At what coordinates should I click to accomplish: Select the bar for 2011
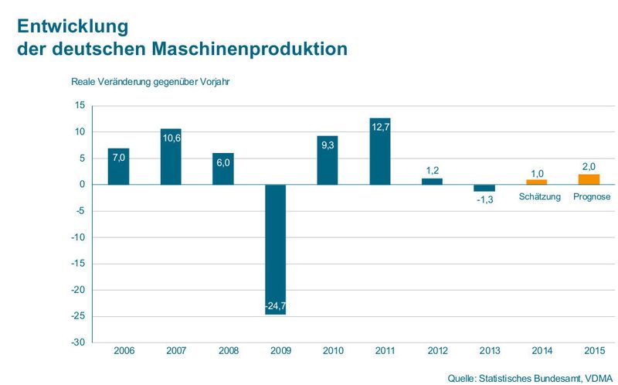pyautogui.click(x=380, y=152)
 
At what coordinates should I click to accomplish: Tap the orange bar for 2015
pyautogui.click(x=589, y=179)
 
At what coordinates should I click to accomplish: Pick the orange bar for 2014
pyautogui.click(x=536, y=182)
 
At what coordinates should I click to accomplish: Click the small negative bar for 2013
pyautogui.click(x=484, y=188)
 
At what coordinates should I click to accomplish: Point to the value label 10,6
pyautogui.click(x=171, y=138)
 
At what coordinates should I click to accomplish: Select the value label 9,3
pyautogui.click(x=328, y=145)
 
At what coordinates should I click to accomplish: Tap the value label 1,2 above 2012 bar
pyautogui.click(x=432, y=170)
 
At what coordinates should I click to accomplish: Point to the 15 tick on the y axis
pyautogui.click(x=80, y=105)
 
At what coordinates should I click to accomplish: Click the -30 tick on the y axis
pyautogui.click(x=79, y=342)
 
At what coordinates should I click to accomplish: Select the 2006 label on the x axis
pyautogui.click(x=124, y=351)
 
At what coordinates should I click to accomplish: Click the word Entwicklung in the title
pyautogui.click(x=68, y=25)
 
